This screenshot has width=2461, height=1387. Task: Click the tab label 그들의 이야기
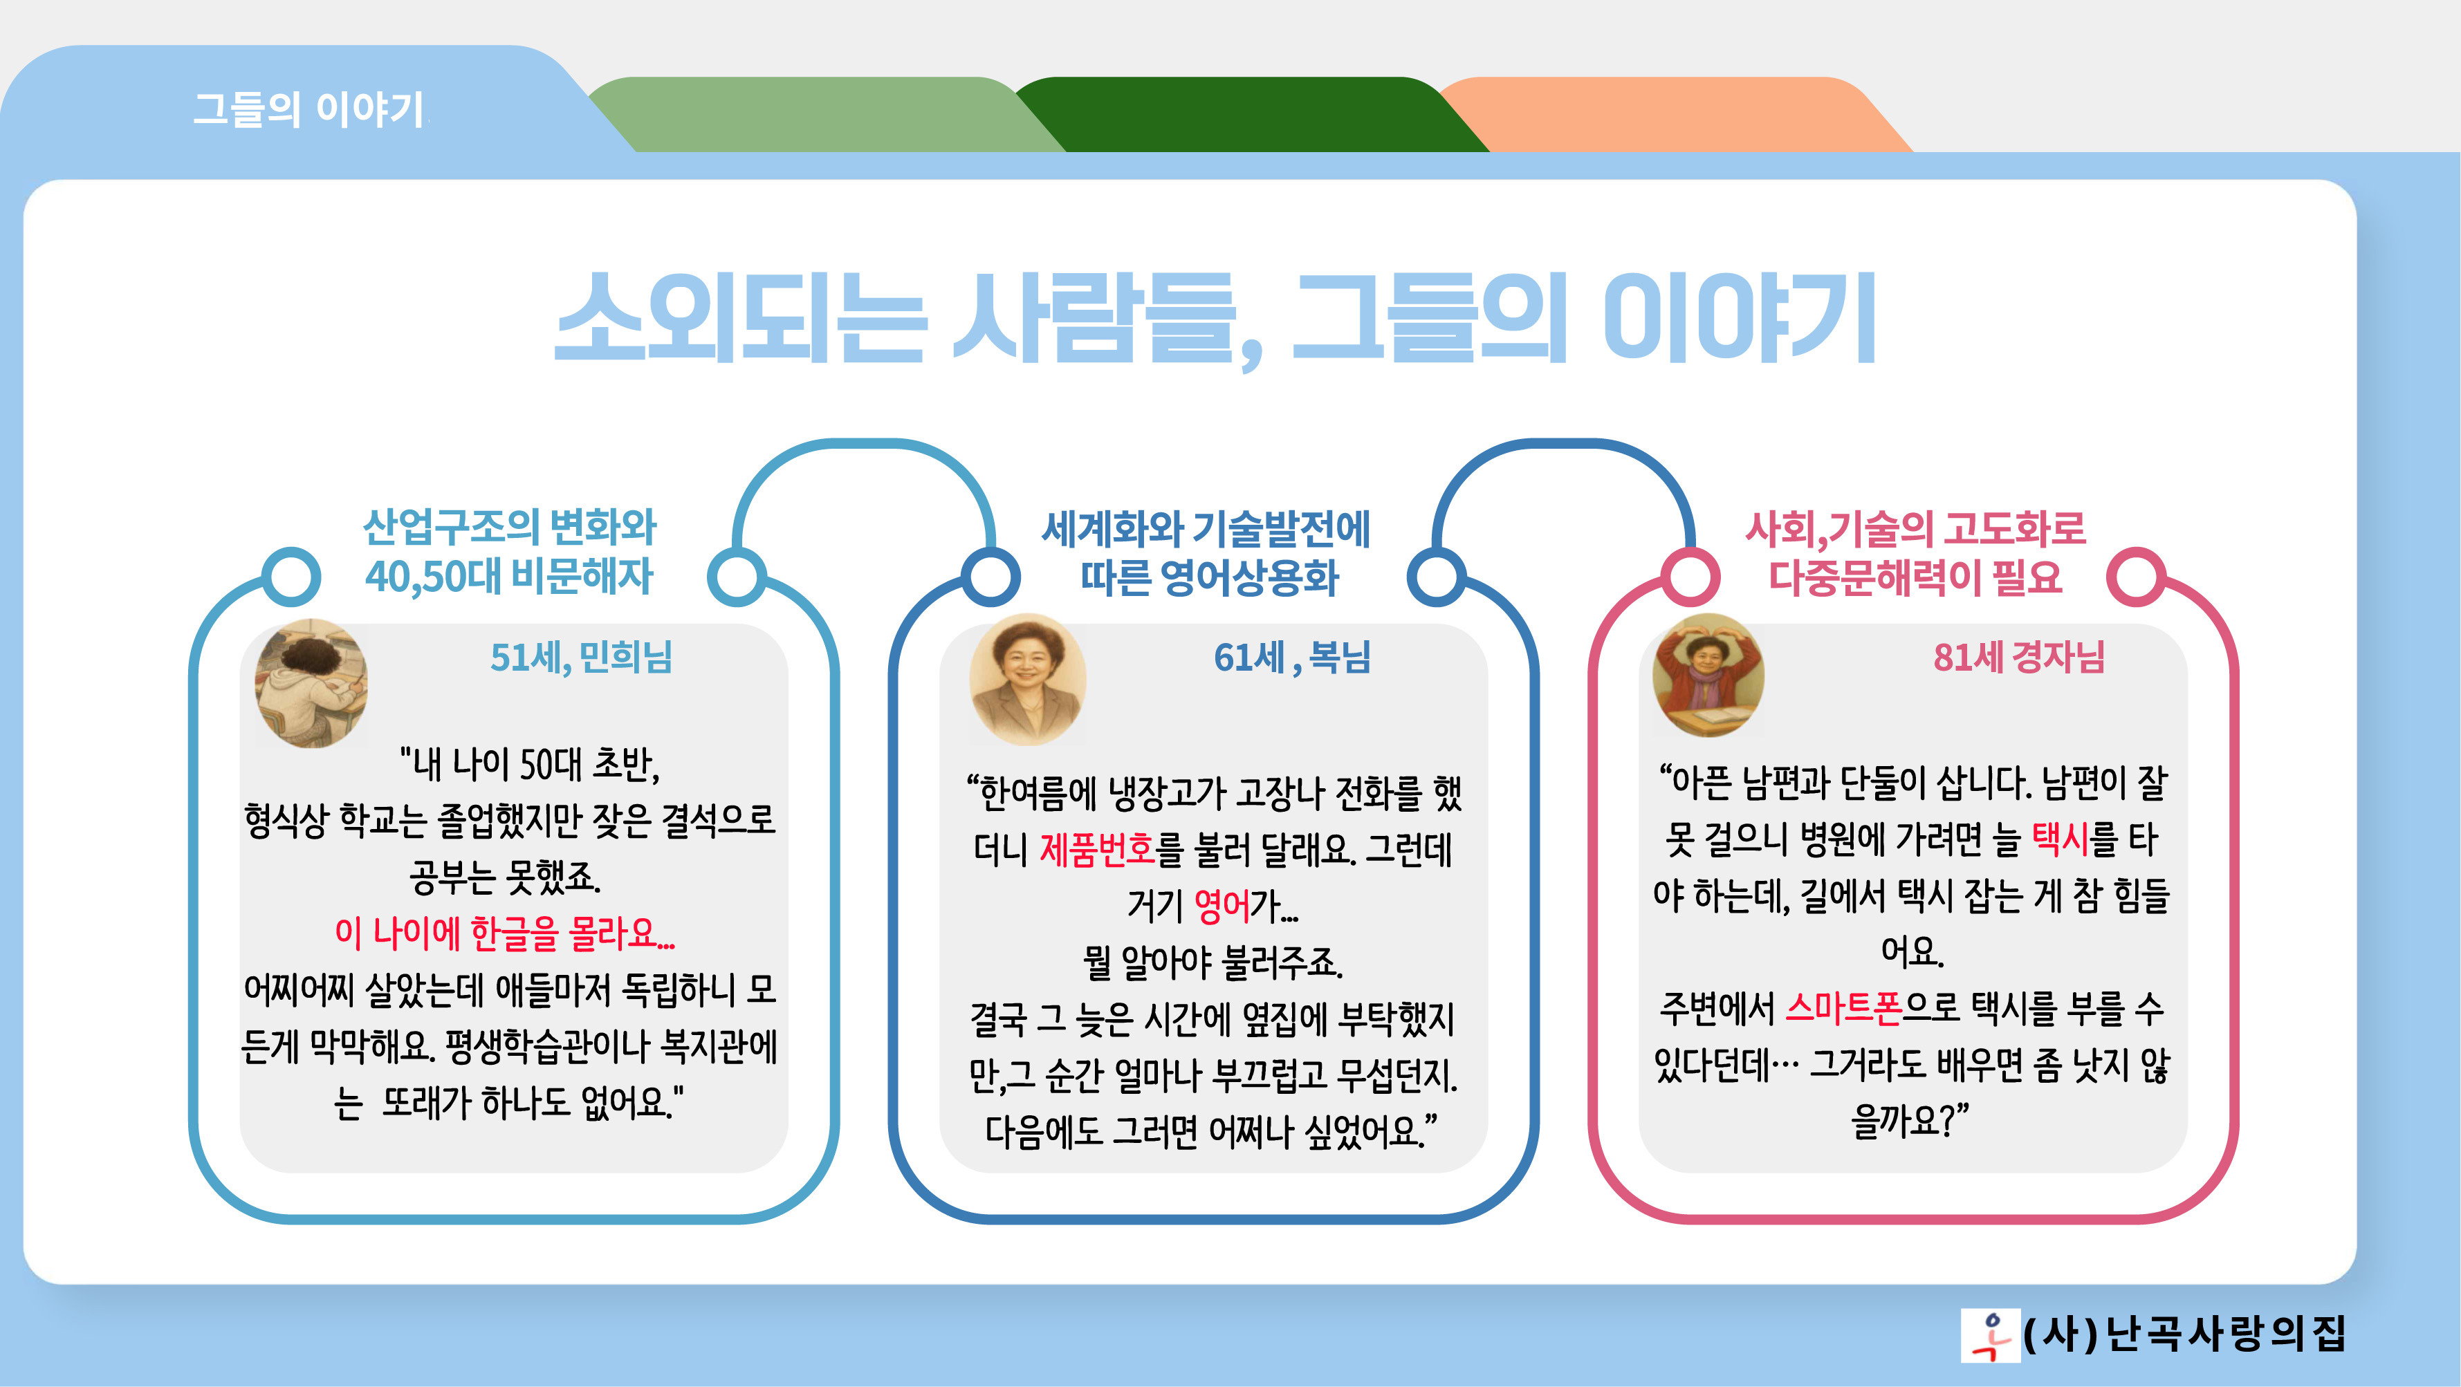pyautogui.click(x=308, y=109)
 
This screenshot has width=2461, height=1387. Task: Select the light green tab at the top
pyautogui.click(x=822, y=115)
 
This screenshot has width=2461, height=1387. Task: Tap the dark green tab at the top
pyautogui.click(x=1251, y=115)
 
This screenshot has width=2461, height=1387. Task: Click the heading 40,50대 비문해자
pyautogui.click(x=509, y=576)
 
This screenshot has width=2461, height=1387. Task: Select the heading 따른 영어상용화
pyautogui.click(x=1210, y=577)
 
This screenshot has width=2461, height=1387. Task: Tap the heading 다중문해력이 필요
pyautogui.click(x=1915, y=577)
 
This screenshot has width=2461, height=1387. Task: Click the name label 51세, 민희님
pyautogui.click(x=581, y=658)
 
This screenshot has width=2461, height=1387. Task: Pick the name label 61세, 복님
pyautogui.click(x=1291, y=658)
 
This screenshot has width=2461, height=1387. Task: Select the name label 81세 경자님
pyautogui.click(x=2018, y=658)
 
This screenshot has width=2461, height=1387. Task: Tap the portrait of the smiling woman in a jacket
pyautogui.click(x=1027, y=679)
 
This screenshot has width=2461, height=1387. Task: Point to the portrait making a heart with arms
pyautogui.click(x=1708, y=674)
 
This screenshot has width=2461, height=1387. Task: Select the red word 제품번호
pyautogui.click(x=1097, y=848)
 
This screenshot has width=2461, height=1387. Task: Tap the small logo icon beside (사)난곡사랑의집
pyautogui.click(x=1990, y=1334)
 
